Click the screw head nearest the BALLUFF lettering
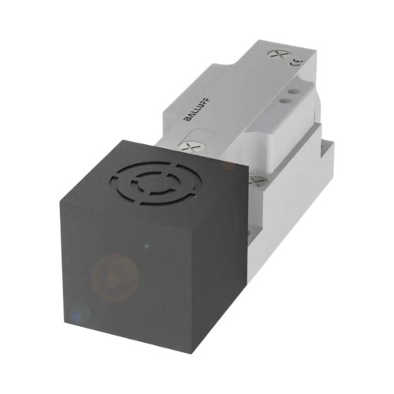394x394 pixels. [x=190, y=147]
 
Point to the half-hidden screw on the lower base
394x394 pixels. [x=255, y=180]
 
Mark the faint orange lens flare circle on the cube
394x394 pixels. [x=114, y=277]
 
